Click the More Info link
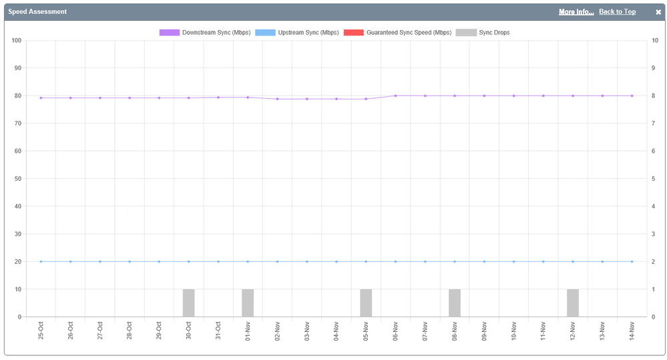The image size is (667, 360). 576,12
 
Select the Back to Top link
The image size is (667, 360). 617,12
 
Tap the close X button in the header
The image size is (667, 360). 658,12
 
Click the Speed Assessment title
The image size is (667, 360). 37,12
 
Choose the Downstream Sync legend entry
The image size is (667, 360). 205,32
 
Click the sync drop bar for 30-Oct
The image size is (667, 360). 188,303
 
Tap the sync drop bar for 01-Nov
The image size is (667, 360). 248,303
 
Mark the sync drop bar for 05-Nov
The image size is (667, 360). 366,303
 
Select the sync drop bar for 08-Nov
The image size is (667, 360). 455,303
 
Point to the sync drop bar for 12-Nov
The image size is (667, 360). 573,303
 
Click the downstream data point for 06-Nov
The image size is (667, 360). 395,96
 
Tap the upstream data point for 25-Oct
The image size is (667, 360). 41,262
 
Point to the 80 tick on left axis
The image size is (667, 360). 17,96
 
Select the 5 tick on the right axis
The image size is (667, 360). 655,179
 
